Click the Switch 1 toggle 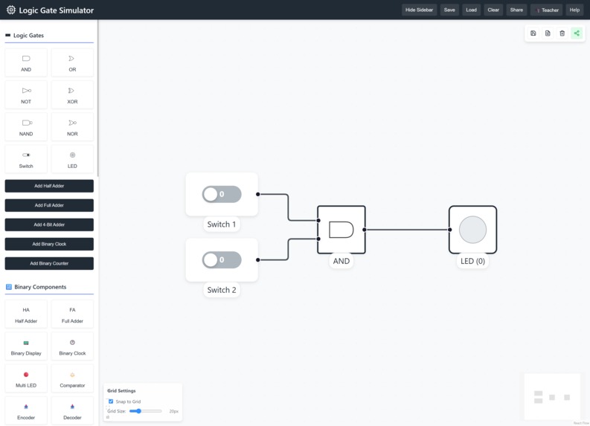click(222, 194)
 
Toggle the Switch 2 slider click(222, 260)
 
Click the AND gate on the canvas click(342, 230)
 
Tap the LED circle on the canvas click(472, 230)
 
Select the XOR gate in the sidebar click(72, 94)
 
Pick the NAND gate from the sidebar click(26, 126)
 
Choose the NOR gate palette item click(72, 126)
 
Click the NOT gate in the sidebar click(26, 94)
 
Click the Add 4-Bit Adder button click(49, 225)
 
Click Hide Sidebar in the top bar click(419, 10)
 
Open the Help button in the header click(574, 10)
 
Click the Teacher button click(547, 10)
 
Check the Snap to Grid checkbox click(111, 401)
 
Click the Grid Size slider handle click(138, 411)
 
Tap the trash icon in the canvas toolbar click(562, 33)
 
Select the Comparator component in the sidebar click(72, 378)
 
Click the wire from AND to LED click(407, 230)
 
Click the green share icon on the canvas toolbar click(577, 33)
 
